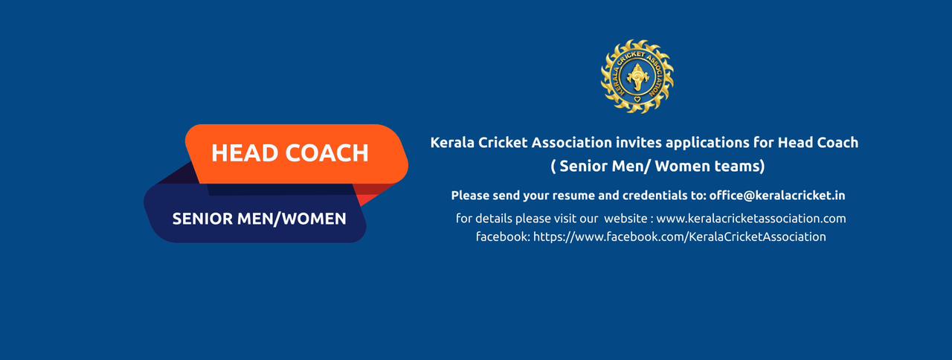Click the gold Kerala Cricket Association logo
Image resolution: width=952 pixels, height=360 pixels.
[637, 77]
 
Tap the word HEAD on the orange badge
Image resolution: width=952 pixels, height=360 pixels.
[245, 153]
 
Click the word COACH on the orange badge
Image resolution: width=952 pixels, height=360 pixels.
[327, 153]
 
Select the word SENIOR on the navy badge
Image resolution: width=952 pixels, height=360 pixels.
[203, 219]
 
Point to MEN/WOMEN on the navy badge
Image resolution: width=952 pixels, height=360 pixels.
[292, 219]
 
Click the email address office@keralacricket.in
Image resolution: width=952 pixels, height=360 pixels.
[777, 196]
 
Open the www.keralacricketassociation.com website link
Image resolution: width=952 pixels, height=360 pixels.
[751, 219]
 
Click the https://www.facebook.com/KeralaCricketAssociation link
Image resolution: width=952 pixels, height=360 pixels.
[680, 237]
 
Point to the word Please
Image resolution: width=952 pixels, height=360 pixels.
[470, 196]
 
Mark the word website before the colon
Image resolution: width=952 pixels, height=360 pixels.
[625, 219]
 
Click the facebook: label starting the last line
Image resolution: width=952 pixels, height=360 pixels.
[503, 237]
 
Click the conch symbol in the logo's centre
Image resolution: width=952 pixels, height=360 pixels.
[637, 77]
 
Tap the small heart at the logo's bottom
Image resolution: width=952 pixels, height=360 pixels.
[637, 99]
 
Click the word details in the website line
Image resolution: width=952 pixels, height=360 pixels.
[493, 219]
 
